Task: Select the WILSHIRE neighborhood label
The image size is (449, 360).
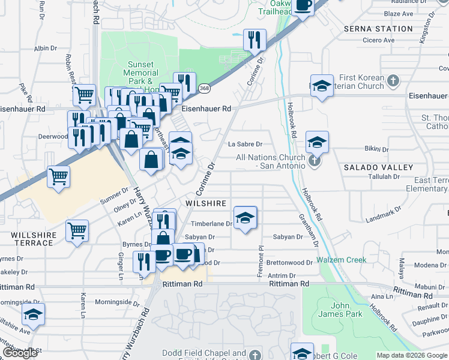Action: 206,204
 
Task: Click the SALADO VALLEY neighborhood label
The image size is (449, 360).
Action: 370,167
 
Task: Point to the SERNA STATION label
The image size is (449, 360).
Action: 378,29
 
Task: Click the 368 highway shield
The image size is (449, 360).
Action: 204,89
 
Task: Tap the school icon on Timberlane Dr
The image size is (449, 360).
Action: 245,218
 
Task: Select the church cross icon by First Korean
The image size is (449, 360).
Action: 393,80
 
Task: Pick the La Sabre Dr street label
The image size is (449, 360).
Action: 246,144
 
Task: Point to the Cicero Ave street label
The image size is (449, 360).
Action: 378,40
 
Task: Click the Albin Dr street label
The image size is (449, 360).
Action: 45,48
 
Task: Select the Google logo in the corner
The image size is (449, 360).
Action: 20,352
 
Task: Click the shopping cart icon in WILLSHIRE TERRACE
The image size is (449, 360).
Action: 77,230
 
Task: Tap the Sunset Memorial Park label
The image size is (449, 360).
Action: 141,73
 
